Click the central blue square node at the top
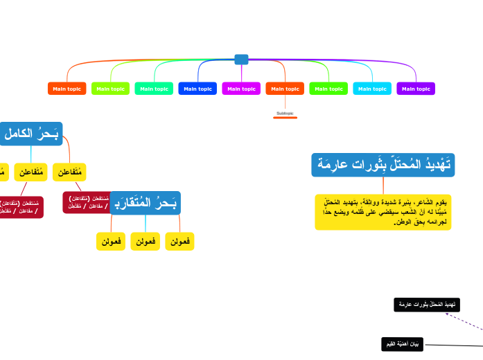pyautogui.click(x=241, y=60)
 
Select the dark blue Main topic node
pyautogui.click(x=197, y=89)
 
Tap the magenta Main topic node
pyautogui.click(x=241, y=89)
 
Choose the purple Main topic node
pyautogui.click(x=416, y=89)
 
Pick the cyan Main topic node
pyautogui.click(x=372, y=89)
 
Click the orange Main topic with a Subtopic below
pyautogui.click(x=285, y=89)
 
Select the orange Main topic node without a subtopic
pyautogui.click(x=67, y=89)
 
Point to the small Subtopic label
pyautogui.click(x=285, y=113)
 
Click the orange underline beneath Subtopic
pyautogui.click(x=285, y=118)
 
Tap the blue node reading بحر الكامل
pyautogui.click(x=31, y=134)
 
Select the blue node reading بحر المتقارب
pyautogui.click(x=146, y=203)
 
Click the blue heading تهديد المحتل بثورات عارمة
pyautogui.click(x=383, y=165)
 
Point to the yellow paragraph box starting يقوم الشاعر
pyautogui.click(x=383, y=212)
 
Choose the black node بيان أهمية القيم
pyautogui.click(x=402, y=343)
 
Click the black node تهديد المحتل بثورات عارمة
pyautogui.click(x=427, y=305)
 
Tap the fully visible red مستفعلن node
pyautogui.click(x=87, y=202)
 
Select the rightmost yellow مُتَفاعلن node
pyautogui.click(x=69, y=172)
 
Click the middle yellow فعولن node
pyautogui.click(x=146, y=241)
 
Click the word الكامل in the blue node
pyautogui.click(x=19, y=134)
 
